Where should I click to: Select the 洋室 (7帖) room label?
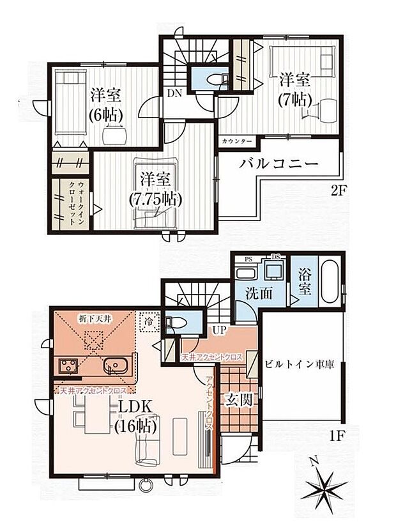click(x=294, y=90)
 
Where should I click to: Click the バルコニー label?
click(x=279, y=164)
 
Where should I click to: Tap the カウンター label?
click(x=237, y=141)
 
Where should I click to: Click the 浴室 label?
click(x=305, y=285)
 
